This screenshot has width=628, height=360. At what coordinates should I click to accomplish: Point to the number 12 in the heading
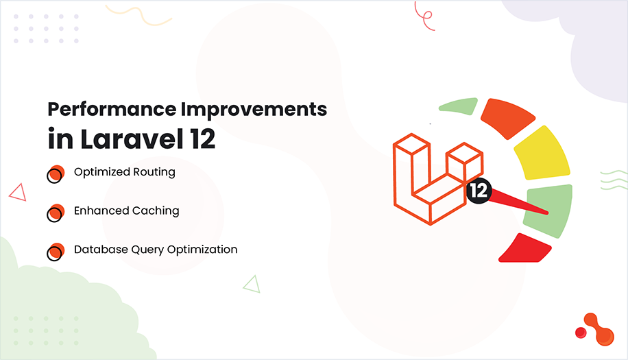coord(200,139)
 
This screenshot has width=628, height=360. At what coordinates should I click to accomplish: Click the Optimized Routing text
coord(124,172)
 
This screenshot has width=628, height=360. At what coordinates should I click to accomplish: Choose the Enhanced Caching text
coord(126,211)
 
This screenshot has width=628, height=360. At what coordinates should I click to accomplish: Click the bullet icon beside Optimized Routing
coord(56,174)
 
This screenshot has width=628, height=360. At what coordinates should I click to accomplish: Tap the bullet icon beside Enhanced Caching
coord(56,213)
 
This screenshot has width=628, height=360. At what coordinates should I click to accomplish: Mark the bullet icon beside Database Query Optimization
coord(56,252)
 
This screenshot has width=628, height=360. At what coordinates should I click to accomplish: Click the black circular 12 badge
coord(478,191)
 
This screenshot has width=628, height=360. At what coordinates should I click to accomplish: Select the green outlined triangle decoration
coord(252,283)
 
